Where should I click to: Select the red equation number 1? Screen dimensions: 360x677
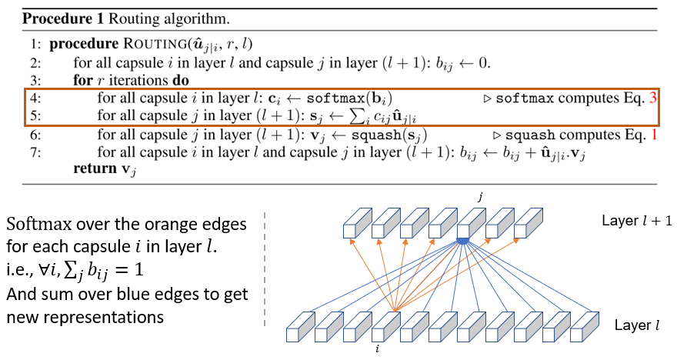[654, 135]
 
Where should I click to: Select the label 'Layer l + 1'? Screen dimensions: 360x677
[635, 221]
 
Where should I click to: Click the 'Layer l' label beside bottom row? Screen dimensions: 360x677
[635, 325]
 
